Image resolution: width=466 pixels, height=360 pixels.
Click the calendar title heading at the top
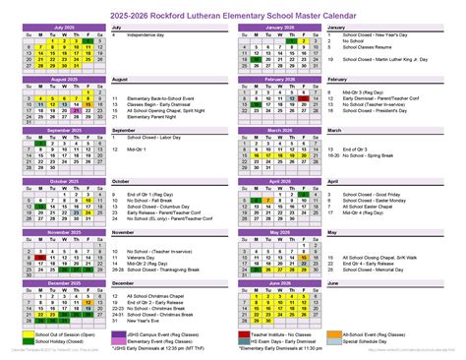click(x=232, y=14)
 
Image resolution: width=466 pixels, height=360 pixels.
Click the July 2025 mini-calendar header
click(x=63, y=27)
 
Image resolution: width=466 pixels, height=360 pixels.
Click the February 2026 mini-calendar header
click(x=279, y=79)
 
